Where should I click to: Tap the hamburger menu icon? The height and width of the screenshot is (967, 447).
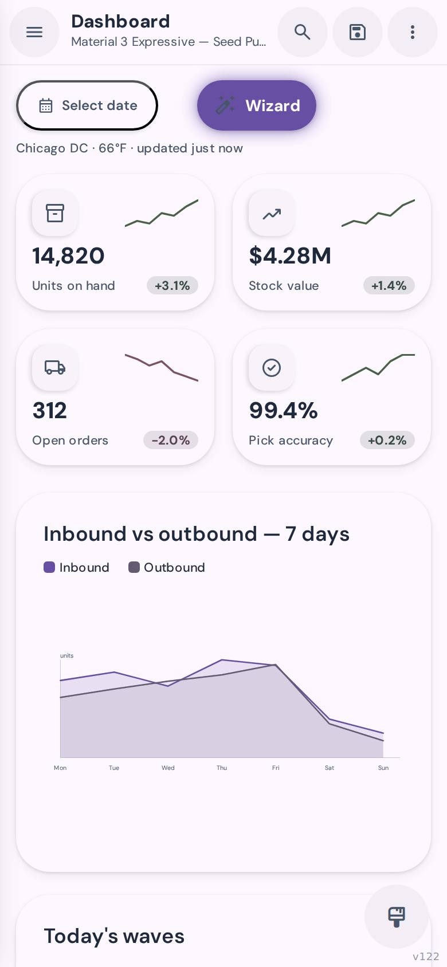point(34,32)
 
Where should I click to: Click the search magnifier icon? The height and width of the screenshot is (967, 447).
point(303,32)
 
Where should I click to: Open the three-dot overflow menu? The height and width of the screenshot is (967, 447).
point(413,32)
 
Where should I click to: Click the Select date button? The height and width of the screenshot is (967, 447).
point(87,105)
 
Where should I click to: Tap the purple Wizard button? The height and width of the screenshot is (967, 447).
point(257,105)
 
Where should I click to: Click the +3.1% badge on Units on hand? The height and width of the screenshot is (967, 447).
point(172,285)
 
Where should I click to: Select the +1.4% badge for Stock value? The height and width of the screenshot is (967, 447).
point(389,285)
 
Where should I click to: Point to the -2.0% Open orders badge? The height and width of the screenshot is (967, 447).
point(171,440)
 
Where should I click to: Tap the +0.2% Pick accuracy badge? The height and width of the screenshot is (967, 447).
point(387,440)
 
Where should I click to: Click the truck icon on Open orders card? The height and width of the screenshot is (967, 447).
point(55,367)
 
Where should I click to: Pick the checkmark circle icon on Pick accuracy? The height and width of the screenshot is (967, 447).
point(272,367)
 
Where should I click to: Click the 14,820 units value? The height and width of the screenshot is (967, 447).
point(68,255)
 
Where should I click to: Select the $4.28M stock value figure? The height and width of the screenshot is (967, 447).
point(290,255)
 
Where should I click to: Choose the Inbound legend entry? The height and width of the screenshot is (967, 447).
point(76,567)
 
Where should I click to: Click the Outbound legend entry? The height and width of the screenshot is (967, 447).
point(167,567)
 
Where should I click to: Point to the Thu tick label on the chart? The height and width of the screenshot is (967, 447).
point(222,768)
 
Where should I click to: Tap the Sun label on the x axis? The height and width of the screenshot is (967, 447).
point(383,768)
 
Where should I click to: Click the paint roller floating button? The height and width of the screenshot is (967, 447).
point(396,917)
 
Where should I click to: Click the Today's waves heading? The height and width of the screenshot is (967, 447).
point(114,936)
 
